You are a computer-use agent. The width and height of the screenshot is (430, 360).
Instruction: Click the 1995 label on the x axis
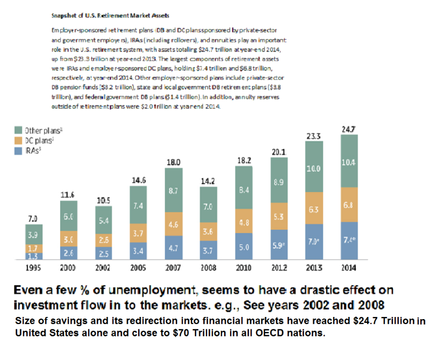[x=33, y=267]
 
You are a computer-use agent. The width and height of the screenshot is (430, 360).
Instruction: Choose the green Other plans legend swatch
[x=18, y=130]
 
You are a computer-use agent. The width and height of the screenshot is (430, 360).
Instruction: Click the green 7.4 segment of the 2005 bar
[x=139, y=206]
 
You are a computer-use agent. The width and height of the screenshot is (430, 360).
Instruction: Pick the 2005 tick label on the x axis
[x=139, y=267]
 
